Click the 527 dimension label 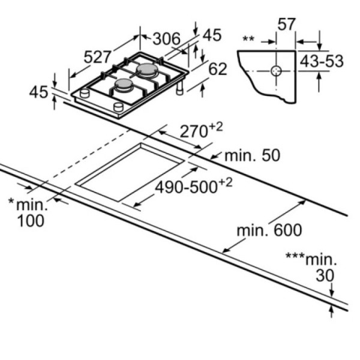click(x=97, y=57)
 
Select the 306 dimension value click(x=167, y=39)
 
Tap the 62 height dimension click(x=218, y=69)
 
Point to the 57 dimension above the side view click(x=286, y=24)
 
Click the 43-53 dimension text click(x=322, y=61)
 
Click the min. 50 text click(x=253, y=155)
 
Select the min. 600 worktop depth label click(x=269, y=230)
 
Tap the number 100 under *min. click(x=31, y=221)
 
